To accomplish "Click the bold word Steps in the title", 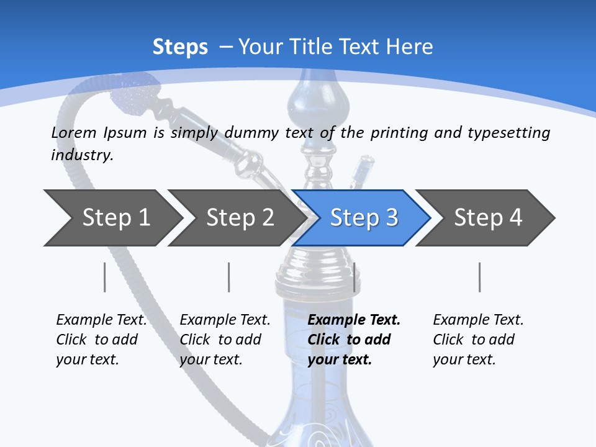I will [x=180, y=47].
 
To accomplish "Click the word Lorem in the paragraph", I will [x=73, y=132].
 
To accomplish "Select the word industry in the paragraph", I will [x=81, y=155].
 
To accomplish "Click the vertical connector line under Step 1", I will [x=105, y=277].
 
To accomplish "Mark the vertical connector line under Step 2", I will [x=229, y=277].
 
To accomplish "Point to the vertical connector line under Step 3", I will [x=354, y=277].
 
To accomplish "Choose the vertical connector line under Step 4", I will [x=480, y=277].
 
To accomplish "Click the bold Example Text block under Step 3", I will [x=353, y=340].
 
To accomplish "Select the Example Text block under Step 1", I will [x=101, y=340].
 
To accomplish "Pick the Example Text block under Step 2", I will [x=224, y=340].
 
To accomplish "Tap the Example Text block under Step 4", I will [x=477, y=340].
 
